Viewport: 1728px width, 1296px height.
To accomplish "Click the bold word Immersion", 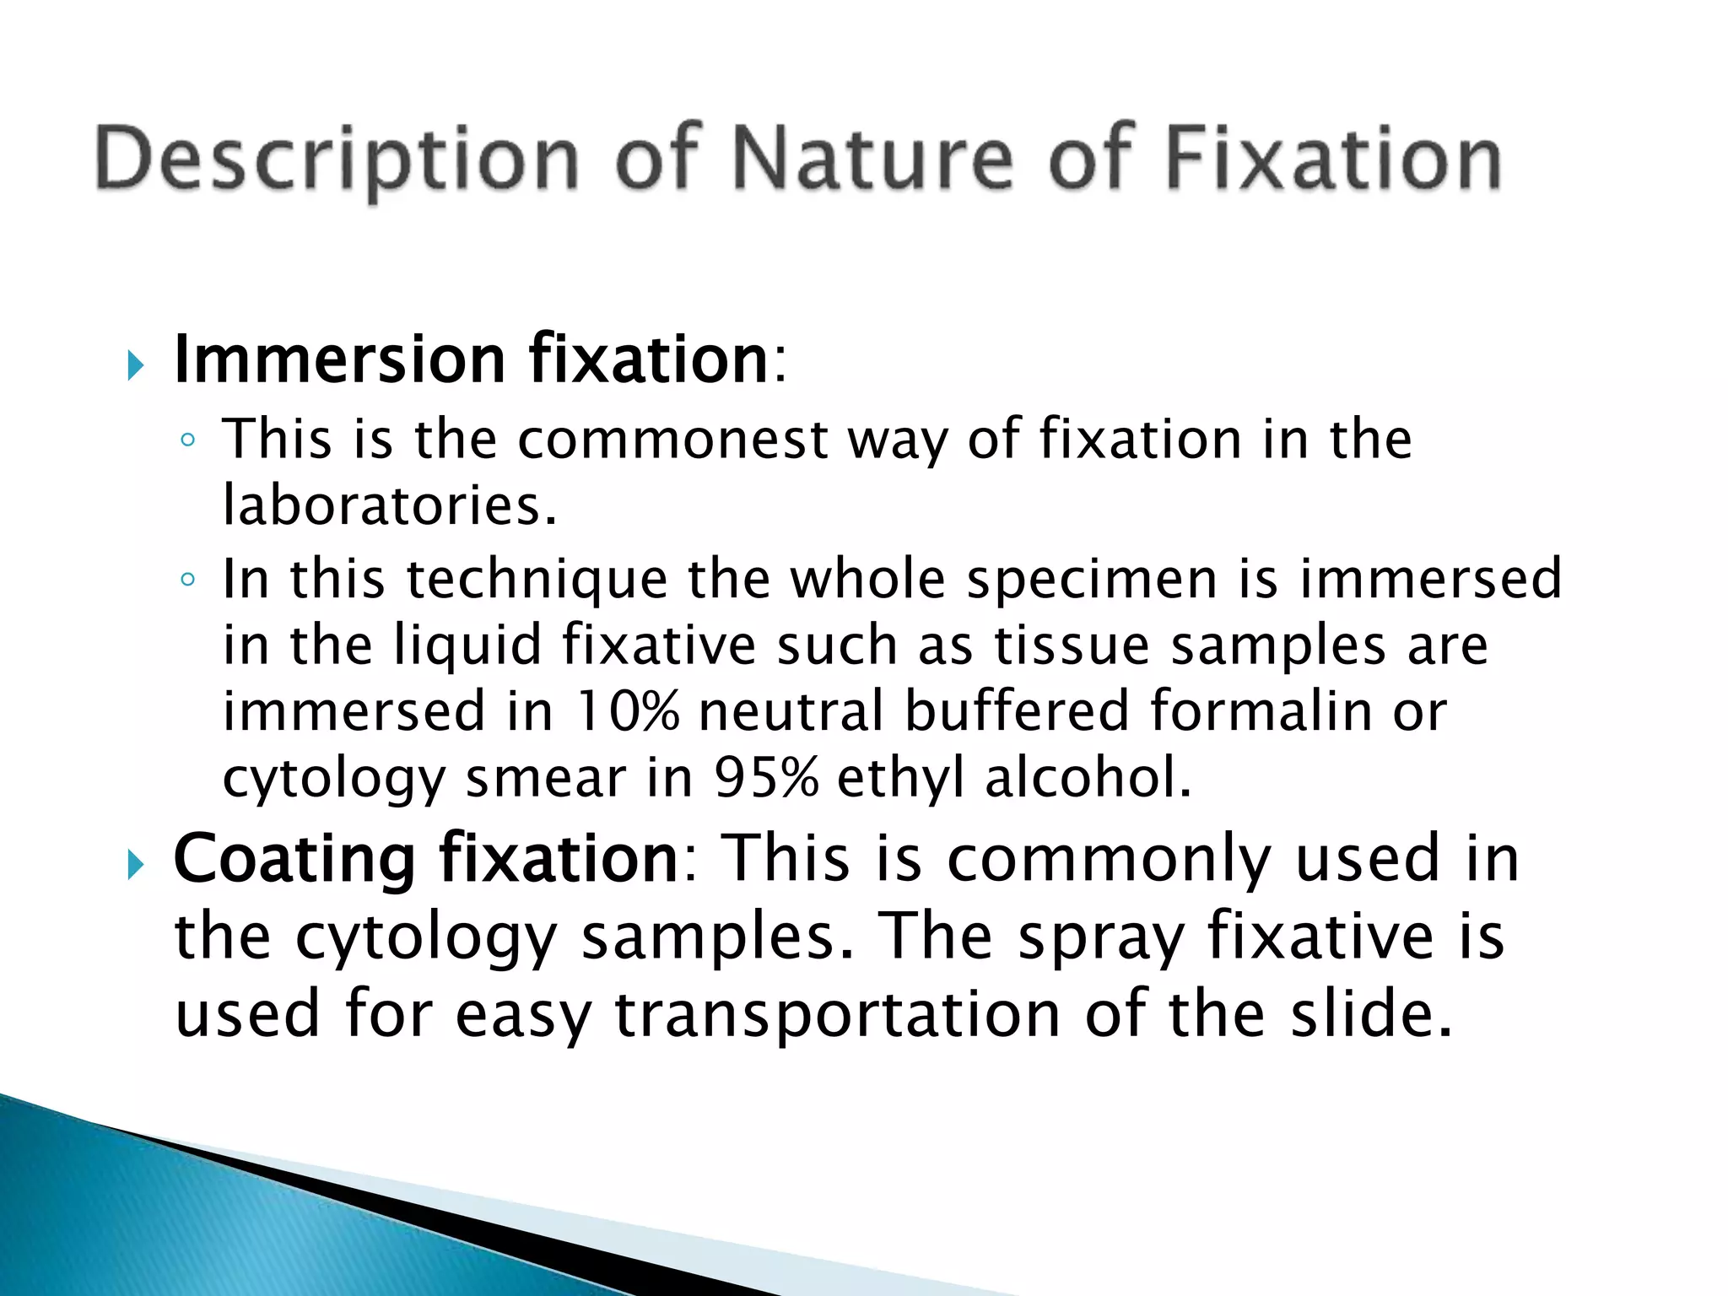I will pyautogui.click(x=339, y=359).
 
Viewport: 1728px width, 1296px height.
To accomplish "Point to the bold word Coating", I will pyautogui.click(x=294, y=859).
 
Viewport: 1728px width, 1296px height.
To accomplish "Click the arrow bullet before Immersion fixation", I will pyautogui.click(x=135, y=366).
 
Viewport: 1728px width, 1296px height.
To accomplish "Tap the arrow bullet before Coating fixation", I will pyautogui.click(x=135, y=865).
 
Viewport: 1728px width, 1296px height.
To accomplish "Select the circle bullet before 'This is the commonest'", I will pyautogui.click(x=188, y=440).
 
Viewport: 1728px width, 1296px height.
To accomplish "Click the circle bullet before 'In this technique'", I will pyautogui.click(x=188, y=580).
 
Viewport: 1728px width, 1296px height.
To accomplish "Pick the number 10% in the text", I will pyautogui.click(x=627, y=710).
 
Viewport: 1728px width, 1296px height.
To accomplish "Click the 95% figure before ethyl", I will pyautogui.click(x=765, y=776).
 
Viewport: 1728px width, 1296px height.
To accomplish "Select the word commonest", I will pyautogui.click(x=672, y=440).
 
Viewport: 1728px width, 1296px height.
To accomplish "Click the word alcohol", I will pyautogui.click(x=1088, y=776).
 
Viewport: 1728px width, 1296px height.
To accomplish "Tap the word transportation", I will pyautogui.click(x=837, y=1014).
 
